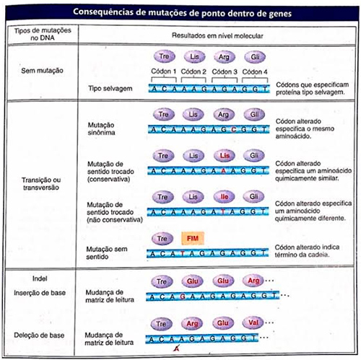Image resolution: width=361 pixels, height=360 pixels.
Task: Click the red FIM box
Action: (x=193, y=237)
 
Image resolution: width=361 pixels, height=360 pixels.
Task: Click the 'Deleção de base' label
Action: (x=40, y=334)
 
